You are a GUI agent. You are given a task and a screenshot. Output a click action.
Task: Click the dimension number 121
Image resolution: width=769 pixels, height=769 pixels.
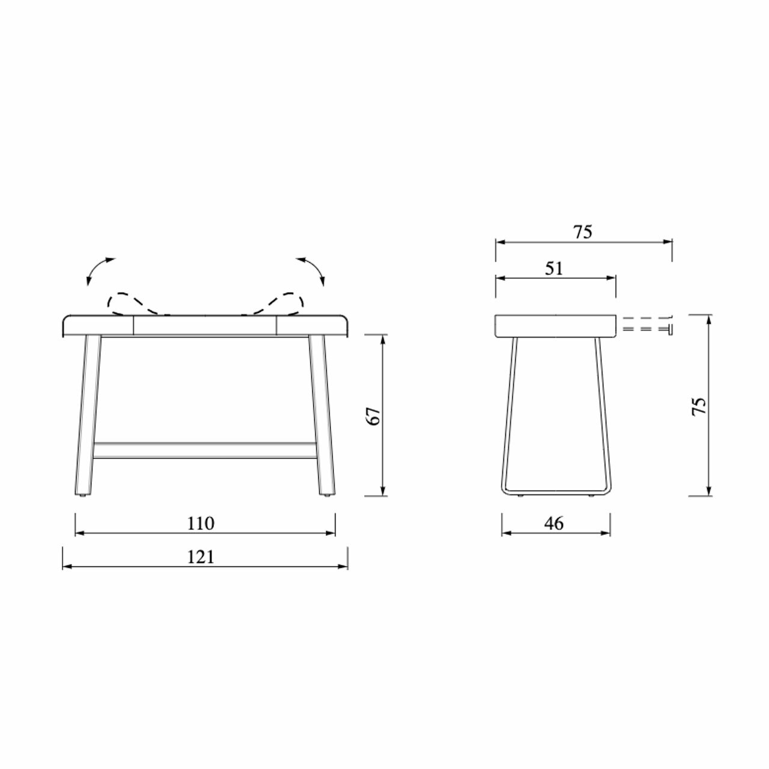[x=201, y=557]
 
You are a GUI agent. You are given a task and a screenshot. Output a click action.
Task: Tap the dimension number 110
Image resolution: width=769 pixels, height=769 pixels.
[x=201, y=523]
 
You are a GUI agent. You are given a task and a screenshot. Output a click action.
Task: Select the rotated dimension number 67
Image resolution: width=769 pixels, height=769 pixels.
[x=374, y=416]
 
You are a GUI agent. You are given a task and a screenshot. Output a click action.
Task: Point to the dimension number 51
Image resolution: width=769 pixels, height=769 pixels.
[x=554, y=269]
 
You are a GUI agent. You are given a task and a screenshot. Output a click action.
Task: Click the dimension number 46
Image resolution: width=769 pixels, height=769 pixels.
[x=554, y=523]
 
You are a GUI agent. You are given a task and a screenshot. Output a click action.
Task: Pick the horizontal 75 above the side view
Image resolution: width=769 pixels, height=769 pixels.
[x=583, y=233]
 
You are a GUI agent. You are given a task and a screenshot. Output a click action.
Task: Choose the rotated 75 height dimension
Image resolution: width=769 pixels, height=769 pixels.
[x=699, y=407]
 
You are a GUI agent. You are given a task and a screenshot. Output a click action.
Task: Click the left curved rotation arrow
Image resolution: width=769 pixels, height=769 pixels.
[x=96, y=268]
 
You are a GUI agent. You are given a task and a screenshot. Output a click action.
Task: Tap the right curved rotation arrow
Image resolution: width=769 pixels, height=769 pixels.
[x=314, y=268]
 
